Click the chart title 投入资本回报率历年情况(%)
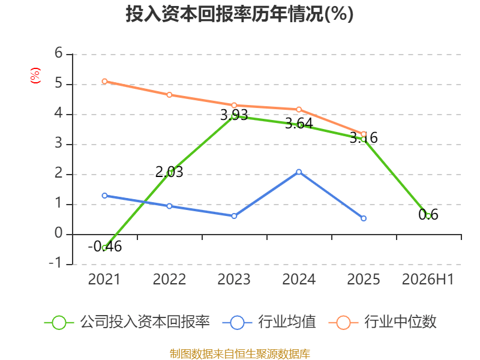239,14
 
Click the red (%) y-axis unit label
35,76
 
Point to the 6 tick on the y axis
58,53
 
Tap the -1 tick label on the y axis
55,263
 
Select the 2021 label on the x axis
104,279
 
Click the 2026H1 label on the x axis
428,279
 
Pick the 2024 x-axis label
299,279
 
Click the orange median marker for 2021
104,82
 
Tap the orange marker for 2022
169,95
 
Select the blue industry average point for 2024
299,172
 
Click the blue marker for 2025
364,218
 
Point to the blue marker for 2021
104,196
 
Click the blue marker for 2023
234,216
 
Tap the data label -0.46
104,247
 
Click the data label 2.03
169,172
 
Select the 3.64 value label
299,124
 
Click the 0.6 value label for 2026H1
428,215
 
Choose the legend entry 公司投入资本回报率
127,322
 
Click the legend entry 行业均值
269,322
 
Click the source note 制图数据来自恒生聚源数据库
240,354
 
